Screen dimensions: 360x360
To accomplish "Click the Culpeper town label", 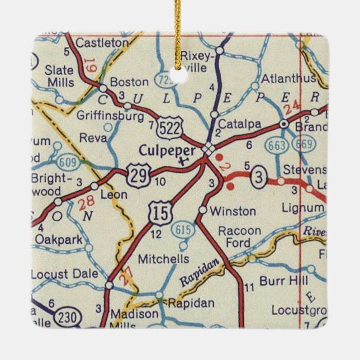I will (167, 150).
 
